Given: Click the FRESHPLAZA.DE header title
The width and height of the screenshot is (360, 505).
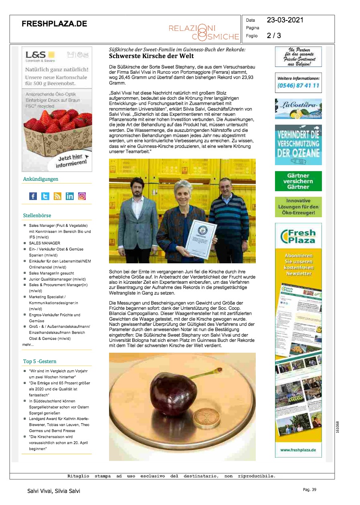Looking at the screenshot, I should [54, 24].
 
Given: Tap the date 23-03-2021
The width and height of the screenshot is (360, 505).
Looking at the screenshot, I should [285, 20].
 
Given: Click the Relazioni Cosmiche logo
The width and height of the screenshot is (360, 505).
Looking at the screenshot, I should [204, 32].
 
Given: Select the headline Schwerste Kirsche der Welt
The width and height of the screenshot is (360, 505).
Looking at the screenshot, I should [152, 56].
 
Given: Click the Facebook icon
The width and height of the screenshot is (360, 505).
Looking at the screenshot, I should [33, 196].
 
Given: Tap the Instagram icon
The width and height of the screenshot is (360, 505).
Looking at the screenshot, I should [82, 196].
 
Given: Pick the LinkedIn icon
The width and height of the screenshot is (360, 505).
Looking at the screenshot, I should [70, 196].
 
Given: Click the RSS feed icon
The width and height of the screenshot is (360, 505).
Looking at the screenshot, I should [57, 196].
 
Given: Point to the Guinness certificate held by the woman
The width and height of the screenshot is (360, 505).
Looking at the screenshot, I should [202, 238].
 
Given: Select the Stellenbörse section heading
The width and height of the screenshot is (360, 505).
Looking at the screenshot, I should [37, 216].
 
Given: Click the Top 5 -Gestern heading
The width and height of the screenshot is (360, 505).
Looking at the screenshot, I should [40, 362].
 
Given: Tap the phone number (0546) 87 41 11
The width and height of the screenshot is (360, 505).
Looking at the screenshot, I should [298, 85].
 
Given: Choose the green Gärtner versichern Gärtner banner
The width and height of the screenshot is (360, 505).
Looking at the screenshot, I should [298, 181].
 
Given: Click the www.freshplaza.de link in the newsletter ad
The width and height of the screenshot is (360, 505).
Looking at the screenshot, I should [298, 450].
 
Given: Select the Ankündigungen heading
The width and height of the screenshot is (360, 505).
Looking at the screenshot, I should [40, 179].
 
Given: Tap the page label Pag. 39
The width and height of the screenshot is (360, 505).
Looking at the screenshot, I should [309, 490].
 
